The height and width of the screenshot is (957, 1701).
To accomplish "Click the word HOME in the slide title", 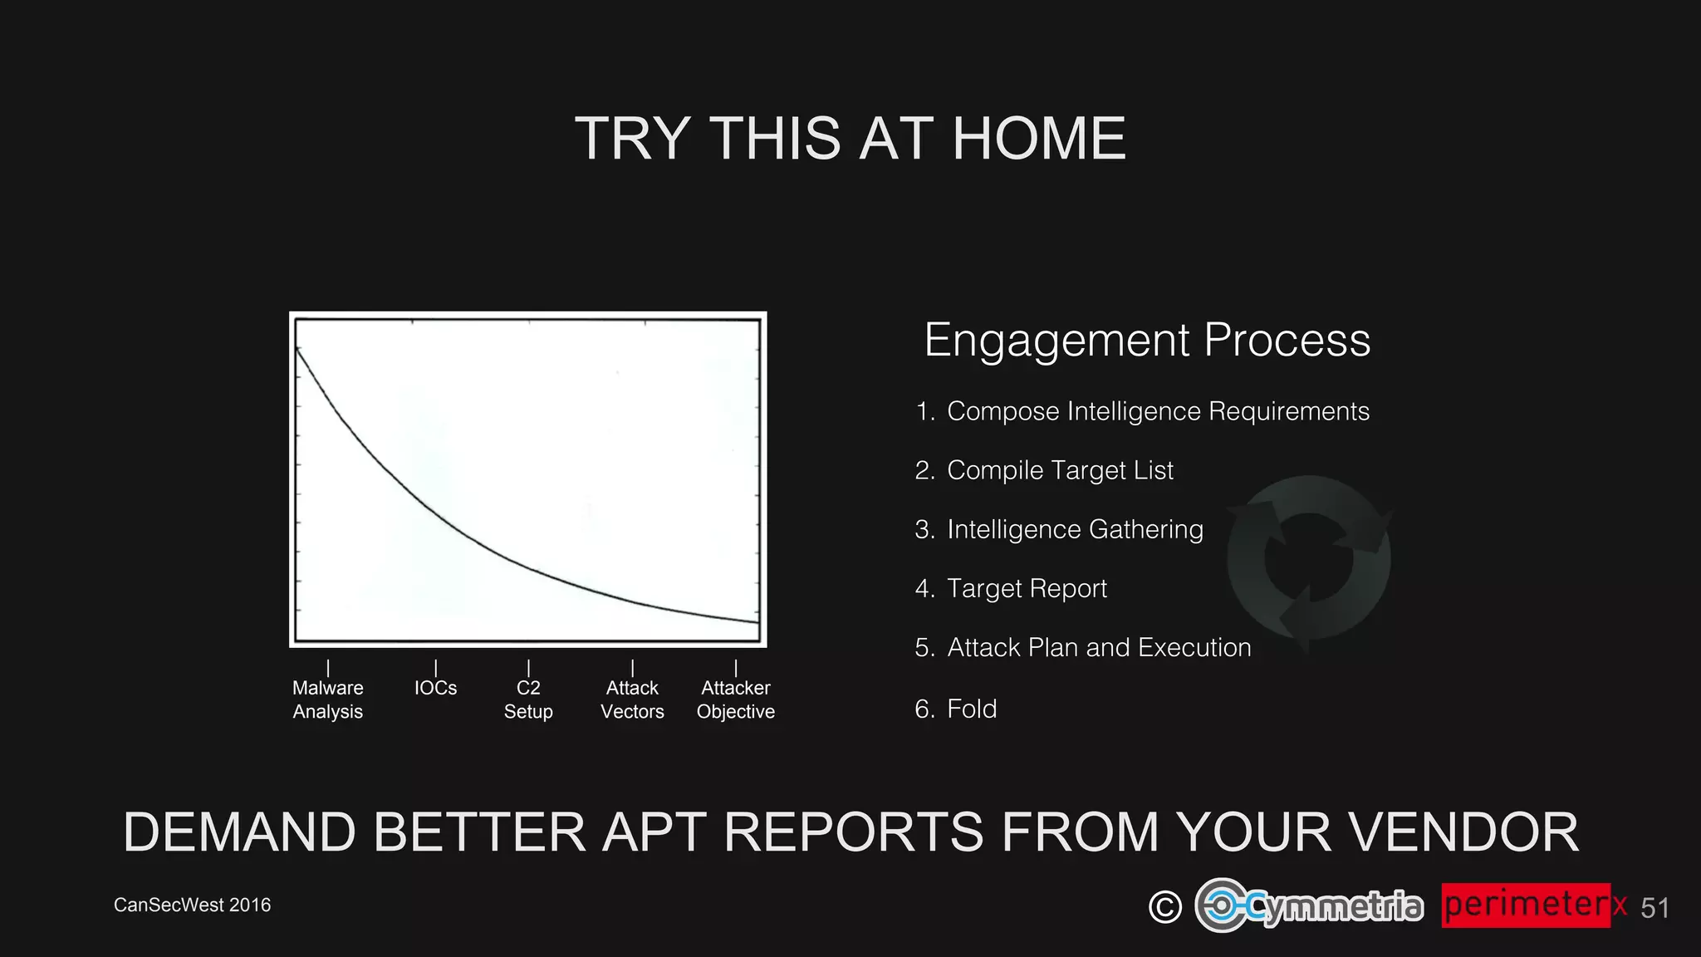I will (1038, 139).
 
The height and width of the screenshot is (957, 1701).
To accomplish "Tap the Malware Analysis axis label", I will (327, 699).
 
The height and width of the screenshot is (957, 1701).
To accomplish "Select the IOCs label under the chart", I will (435, 688).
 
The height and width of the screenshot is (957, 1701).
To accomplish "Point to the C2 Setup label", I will (528, 699).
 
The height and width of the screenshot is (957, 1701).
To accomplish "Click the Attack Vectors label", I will (632, 699).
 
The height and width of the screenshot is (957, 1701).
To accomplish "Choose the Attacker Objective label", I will (735, 699).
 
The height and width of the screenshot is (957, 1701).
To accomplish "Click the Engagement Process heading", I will (1146, 341).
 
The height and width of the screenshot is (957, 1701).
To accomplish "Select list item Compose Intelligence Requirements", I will (1157, 411).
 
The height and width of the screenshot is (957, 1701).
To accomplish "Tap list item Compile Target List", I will (1059, 470).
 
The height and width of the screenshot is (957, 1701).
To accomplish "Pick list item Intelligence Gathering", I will (1074, 529).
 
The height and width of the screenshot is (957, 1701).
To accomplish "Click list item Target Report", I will (1027, 588).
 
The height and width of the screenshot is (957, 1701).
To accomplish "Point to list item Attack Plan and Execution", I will (1098, 647).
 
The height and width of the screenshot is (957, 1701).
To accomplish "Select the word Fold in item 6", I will (972, 709).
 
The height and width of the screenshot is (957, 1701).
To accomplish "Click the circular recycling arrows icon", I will (1308, 559).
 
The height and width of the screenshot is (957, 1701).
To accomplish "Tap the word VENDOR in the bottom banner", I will (1462, 832).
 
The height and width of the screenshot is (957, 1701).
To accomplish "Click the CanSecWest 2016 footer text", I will (192, 905).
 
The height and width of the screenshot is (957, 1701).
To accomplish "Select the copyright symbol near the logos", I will (1164, 906).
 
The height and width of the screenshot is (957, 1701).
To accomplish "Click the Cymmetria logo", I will (1309, 905).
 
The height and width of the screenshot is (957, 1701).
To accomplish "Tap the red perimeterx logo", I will (1533, 905).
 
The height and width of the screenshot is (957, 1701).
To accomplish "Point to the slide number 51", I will (1654, 908).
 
